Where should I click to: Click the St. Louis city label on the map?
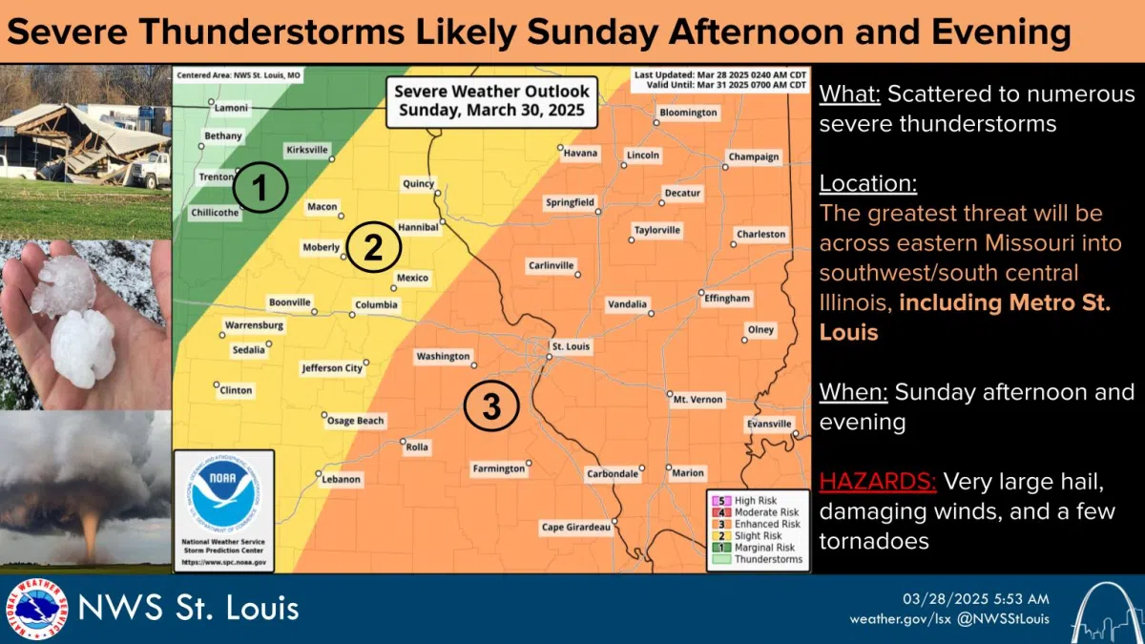[x=572, y=346]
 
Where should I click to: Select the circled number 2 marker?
[x=372, y=248]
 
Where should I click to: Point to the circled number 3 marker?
[x=490, y=406]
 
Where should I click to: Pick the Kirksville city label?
[x=307, y=150]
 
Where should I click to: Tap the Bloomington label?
[x=688, y=113]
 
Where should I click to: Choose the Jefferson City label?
[x=332, y=367]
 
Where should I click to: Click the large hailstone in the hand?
[x=83, y=347]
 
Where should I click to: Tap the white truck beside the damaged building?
[x=150, y=170]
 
